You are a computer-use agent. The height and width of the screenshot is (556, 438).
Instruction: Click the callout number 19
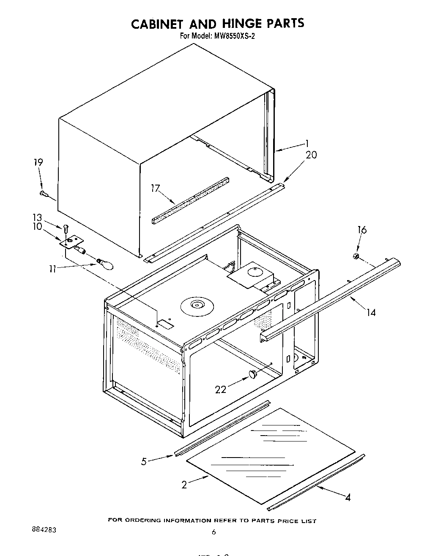click(x=38, y=162)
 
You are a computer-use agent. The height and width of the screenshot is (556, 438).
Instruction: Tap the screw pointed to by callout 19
click(x=44, y=194)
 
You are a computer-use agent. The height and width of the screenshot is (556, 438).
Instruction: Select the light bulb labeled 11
click(x=106, y=264)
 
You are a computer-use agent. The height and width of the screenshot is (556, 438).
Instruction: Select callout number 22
click(x=221, y=390)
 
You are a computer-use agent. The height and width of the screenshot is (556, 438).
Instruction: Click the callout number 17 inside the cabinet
click(x=155, y=188)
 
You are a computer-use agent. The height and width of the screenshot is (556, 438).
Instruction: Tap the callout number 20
click(x=311, y=155)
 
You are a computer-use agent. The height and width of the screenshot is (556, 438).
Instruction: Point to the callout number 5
click(x=144, y=461)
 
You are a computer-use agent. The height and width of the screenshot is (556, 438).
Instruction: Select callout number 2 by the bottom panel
click(x=184, y=485)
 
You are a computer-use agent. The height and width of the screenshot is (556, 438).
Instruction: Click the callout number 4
click(x=348, y=498)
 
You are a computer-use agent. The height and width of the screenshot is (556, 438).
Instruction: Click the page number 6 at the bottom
click(x=214, y=532)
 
